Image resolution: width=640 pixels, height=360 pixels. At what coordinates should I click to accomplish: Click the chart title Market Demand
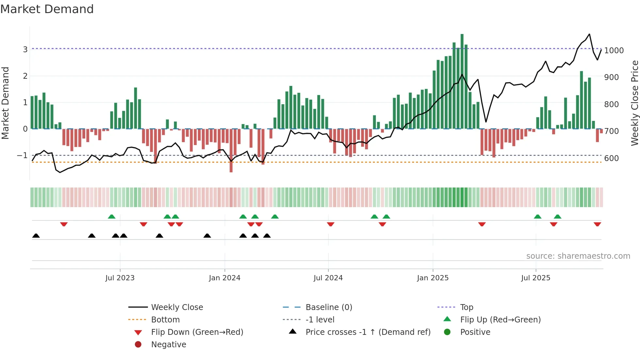(47, 9)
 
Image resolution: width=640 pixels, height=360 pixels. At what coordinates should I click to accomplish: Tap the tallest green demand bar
(462, 82)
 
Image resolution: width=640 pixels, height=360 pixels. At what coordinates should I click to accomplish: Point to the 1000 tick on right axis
(614, 50)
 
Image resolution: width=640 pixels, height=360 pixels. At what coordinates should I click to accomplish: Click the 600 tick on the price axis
(611, 158)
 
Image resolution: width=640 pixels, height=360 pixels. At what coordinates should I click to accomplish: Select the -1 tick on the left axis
(22, 155)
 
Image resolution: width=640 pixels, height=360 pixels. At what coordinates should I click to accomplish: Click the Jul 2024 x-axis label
(328, 278)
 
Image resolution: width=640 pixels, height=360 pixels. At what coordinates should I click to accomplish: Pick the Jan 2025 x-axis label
(432, 278)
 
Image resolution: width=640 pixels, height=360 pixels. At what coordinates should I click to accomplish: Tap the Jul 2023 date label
(120, 278)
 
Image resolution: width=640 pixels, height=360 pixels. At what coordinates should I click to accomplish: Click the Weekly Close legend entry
(177, 307)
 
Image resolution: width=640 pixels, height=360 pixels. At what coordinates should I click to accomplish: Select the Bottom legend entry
(165, 319)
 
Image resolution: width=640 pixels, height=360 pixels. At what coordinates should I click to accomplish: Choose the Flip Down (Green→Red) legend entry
(197, 332)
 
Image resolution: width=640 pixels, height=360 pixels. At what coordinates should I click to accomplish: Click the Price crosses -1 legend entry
(368, 332)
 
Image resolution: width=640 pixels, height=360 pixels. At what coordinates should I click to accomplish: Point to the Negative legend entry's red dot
(138, 344)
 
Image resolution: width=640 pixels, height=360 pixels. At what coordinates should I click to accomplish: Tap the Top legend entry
(466, 307)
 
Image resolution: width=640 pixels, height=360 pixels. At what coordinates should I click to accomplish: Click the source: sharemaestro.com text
(578, 256)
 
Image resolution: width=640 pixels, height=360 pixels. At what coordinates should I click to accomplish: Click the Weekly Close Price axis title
(634, 103)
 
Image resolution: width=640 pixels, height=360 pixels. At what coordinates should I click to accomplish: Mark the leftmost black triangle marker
(36, 236)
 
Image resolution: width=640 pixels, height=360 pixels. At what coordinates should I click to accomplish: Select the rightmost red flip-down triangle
(597, 224)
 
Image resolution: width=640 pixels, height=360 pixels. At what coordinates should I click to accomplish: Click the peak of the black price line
(589, 34)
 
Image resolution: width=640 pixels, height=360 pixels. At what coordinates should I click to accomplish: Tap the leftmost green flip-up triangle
(112, 217)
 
